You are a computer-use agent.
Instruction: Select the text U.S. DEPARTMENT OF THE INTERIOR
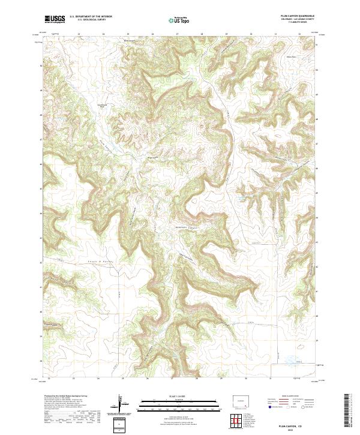click(91, 17)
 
